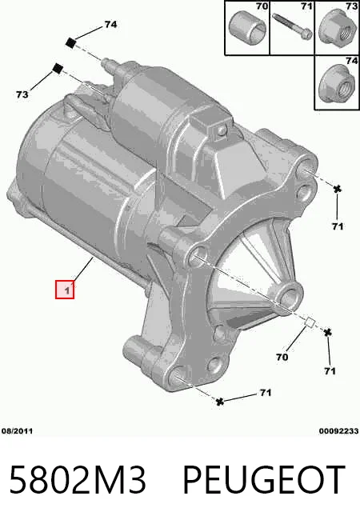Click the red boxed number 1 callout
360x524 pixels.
[x=65, y=290]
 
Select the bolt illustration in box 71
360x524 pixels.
[x=292, y=26]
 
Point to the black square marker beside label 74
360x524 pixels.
[x=70, y=43]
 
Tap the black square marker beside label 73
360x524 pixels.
[x=58, y=69]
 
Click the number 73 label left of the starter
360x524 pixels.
[x=22, y=95]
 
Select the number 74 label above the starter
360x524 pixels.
[x=110, y=24]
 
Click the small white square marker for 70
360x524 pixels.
[x=310, y=322]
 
